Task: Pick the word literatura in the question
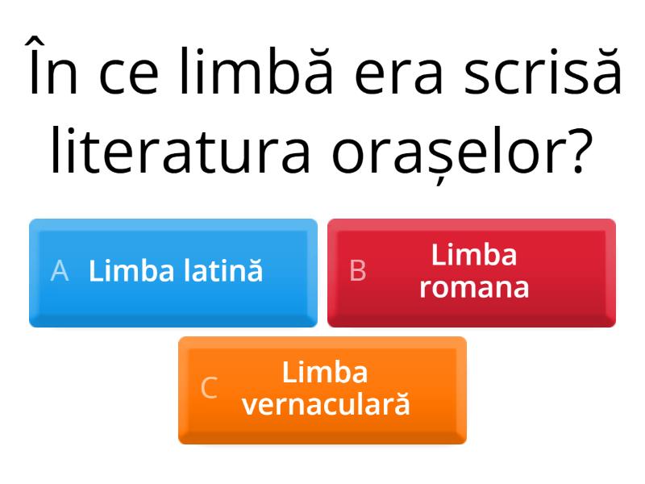pos(180,151)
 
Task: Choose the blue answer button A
pos(173,273)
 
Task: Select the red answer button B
pos(472,273)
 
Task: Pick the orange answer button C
pos(322,390)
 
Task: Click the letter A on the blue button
pos(59,272)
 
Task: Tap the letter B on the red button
pos(358,272)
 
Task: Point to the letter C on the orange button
pos(209,389)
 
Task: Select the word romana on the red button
pos(474,287)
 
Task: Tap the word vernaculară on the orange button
pos(326,403)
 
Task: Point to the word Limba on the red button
pos(474,257)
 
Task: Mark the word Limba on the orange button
pos(326,373)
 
